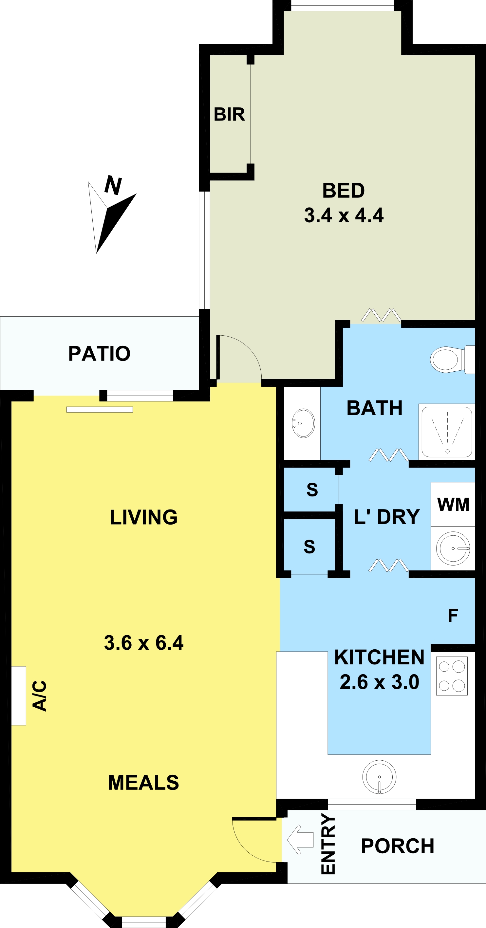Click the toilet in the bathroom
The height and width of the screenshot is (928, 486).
pyautogui.click(x=453, y=359)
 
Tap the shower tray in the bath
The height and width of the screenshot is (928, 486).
pyautogui.click(x=447, y=432)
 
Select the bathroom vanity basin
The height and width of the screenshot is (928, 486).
pyautogui.click(x=303, y=423)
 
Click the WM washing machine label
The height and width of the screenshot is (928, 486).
pyautogui.click(x=453, y=504)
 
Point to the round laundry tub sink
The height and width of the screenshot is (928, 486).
pyautogui.click(x=453, y=548)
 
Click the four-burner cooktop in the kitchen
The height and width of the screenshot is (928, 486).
pyautogui.click(x=452, y=676)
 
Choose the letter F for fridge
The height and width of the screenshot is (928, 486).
pyautogui.click(x=453, y=616)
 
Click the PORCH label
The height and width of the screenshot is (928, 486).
pyautogui.click(x=397, y=846)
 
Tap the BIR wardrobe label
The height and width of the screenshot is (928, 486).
pyautogui.click(x=229, y=115)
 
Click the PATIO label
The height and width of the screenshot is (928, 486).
pyautogui.click(x=100, y=353)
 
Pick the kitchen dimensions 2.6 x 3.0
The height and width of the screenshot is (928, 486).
pyautogui.click(x=379, y=682)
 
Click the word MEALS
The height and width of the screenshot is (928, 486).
pyautogui.click(x=143, y=783)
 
